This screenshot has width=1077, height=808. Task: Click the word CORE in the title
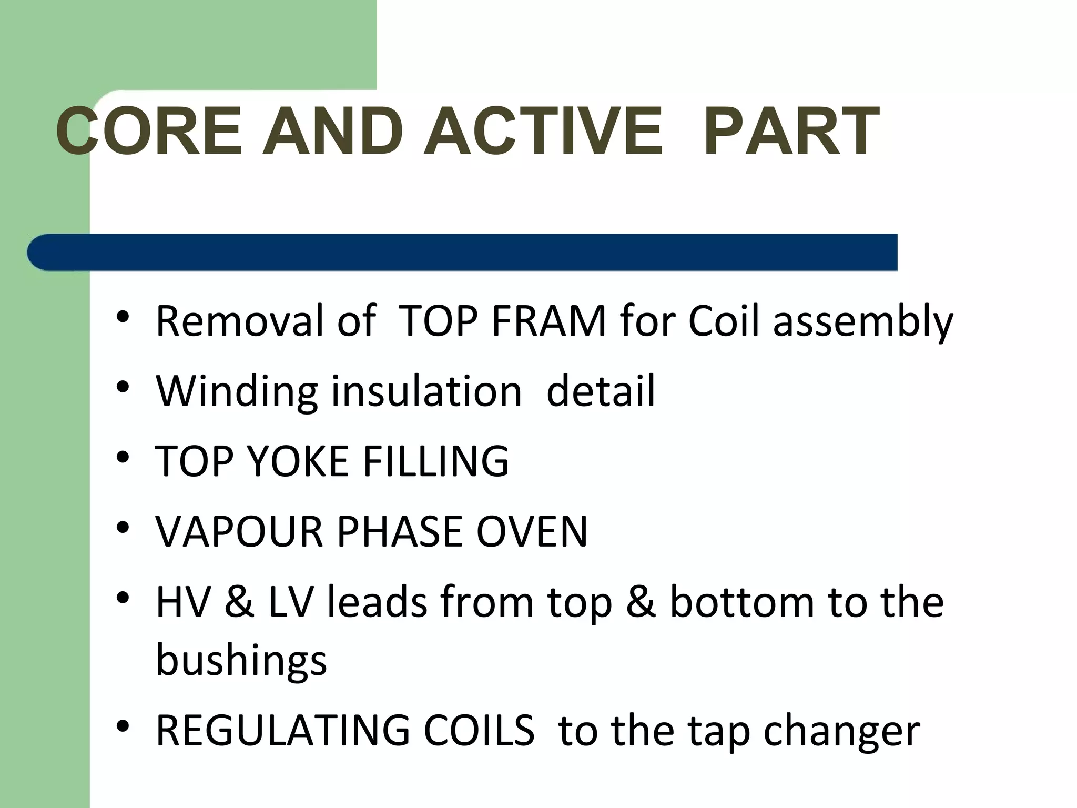pos(149,132)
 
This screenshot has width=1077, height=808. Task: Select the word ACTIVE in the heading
pos(543,132)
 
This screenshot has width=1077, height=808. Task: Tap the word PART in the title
pos(791,132)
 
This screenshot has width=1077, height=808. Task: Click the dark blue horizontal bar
pos(463,252)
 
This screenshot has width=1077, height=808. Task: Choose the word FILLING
pos(436,461)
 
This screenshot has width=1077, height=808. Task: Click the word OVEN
pos(532,532)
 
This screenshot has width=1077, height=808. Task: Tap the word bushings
pos(241,661)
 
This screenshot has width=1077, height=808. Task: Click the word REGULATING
pos(283,731)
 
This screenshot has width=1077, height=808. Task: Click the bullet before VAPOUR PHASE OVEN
pos(123,528)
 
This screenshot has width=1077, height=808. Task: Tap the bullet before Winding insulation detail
pos(123,388)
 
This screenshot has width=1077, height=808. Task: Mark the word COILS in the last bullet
pos(479,731)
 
